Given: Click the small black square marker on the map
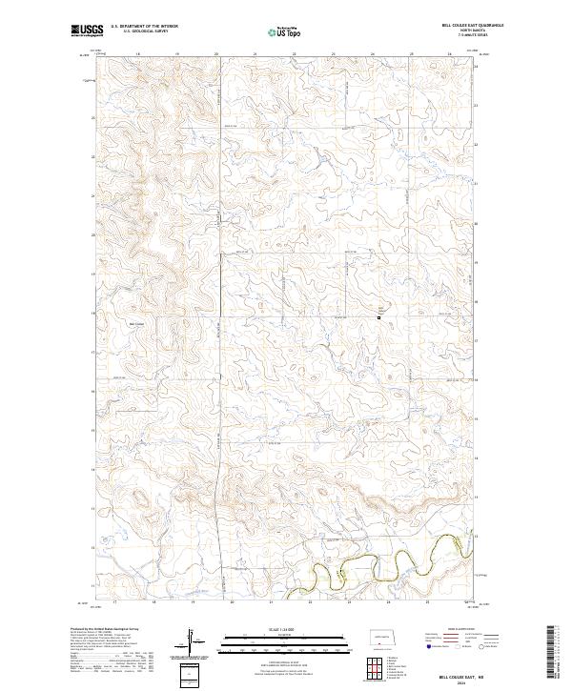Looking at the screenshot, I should click(378, 317).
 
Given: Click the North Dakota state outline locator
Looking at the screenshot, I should click(381, 640).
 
